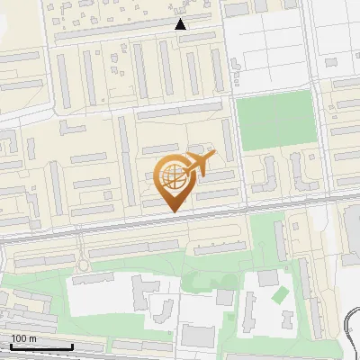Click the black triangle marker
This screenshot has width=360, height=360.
point(181,25)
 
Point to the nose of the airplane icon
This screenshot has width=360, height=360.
point(213,157)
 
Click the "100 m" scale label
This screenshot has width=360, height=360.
point(22,338)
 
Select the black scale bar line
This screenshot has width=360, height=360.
point(40,347)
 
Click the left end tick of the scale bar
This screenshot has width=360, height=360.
point(9,346)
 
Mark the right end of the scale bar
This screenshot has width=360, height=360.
point(72,346)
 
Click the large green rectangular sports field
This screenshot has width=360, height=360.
point(274,122)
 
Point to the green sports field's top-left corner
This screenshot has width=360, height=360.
point(237,96)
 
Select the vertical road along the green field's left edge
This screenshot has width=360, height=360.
point(230,126)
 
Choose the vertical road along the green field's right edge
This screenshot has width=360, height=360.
point(317,126)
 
